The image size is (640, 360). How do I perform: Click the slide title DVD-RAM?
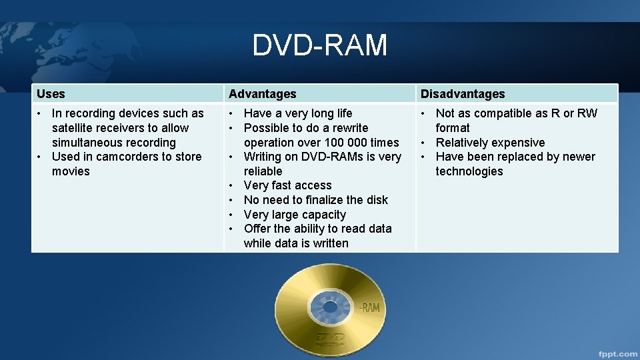(319, 45)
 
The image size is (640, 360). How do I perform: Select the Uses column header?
(51, 94)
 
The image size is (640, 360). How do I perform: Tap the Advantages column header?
(262, 94)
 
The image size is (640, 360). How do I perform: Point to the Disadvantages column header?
(463, 94)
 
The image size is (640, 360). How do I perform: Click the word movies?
(71, 171)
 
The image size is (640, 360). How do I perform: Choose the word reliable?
(263, 171)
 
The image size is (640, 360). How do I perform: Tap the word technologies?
(469, 171)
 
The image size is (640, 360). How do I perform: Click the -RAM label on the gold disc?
(369, 307)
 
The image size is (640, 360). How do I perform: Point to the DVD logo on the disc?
(330, 338)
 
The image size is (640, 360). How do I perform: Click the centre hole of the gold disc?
(329, 307)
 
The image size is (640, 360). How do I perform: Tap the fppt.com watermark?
(616, 353)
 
